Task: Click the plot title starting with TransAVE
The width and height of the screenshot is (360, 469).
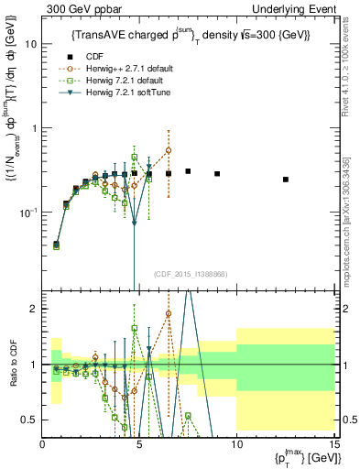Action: tap(190, 35)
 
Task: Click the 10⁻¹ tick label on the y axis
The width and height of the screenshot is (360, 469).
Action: tap(29, 213)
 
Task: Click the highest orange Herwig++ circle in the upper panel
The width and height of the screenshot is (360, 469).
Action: tap(169, 150)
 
